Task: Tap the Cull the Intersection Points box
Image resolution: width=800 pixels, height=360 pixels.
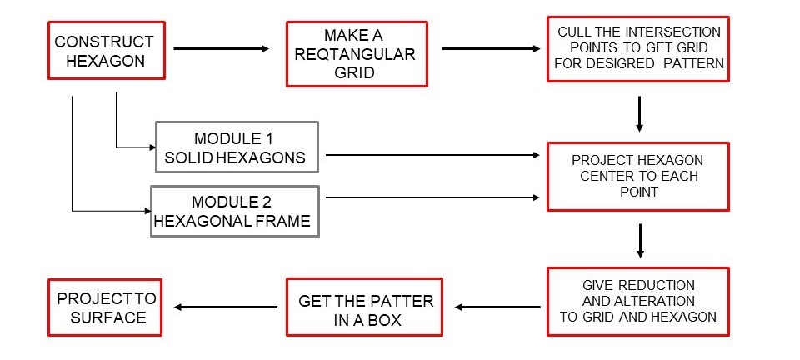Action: (637, 49)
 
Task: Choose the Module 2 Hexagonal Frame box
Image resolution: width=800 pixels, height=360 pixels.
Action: (234, 210)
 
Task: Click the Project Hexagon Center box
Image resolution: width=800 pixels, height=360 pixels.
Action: (637, 176)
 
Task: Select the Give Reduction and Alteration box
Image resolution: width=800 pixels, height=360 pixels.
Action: (637, 300)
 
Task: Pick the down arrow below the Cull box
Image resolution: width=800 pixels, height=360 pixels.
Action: (638, 113)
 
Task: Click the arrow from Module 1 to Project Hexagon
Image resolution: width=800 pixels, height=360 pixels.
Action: (433, 155)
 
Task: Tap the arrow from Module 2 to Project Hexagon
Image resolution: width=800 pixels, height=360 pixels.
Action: (433, 197)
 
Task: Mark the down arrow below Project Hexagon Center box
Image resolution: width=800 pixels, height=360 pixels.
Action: (638, 238)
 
